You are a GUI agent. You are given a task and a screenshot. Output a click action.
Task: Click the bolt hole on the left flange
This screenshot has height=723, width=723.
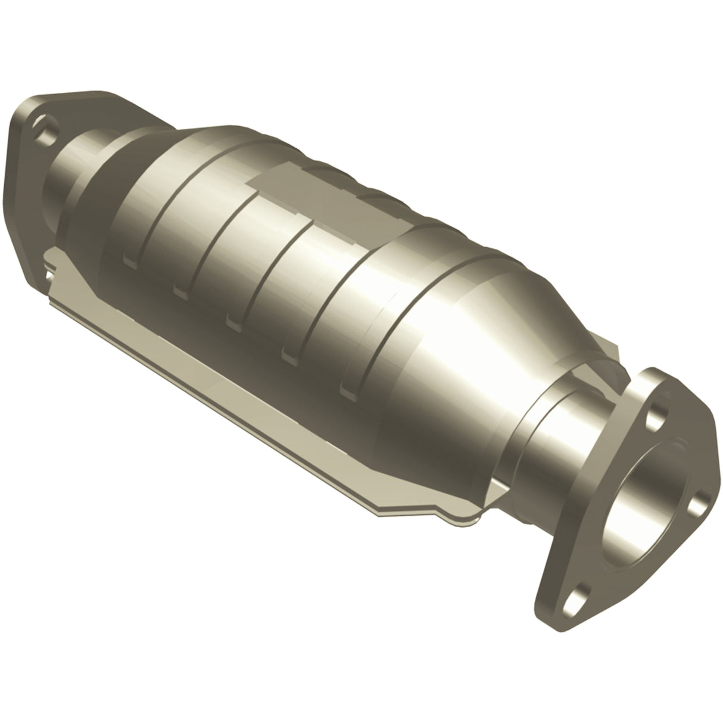45,128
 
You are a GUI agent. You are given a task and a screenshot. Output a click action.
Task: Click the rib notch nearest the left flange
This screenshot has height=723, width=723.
128,260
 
